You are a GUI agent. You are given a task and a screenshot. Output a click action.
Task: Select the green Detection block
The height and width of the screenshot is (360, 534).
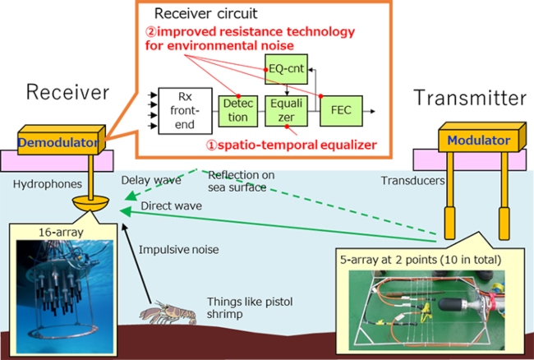pyautogui.click(x=237, y=112)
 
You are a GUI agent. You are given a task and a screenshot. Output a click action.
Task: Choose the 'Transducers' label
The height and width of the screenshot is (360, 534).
pyautogui.click(x=411, y=180)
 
